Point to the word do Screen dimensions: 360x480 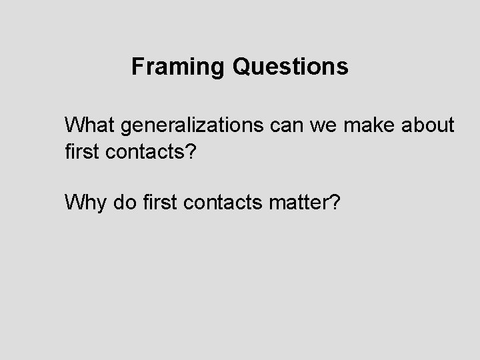pos(122,201)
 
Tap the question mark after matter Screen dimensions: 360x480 pos(333,201)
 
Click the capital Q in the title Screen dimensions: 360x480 pos(241,67)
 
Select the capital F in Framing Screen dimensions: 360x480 pos(137,67)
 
